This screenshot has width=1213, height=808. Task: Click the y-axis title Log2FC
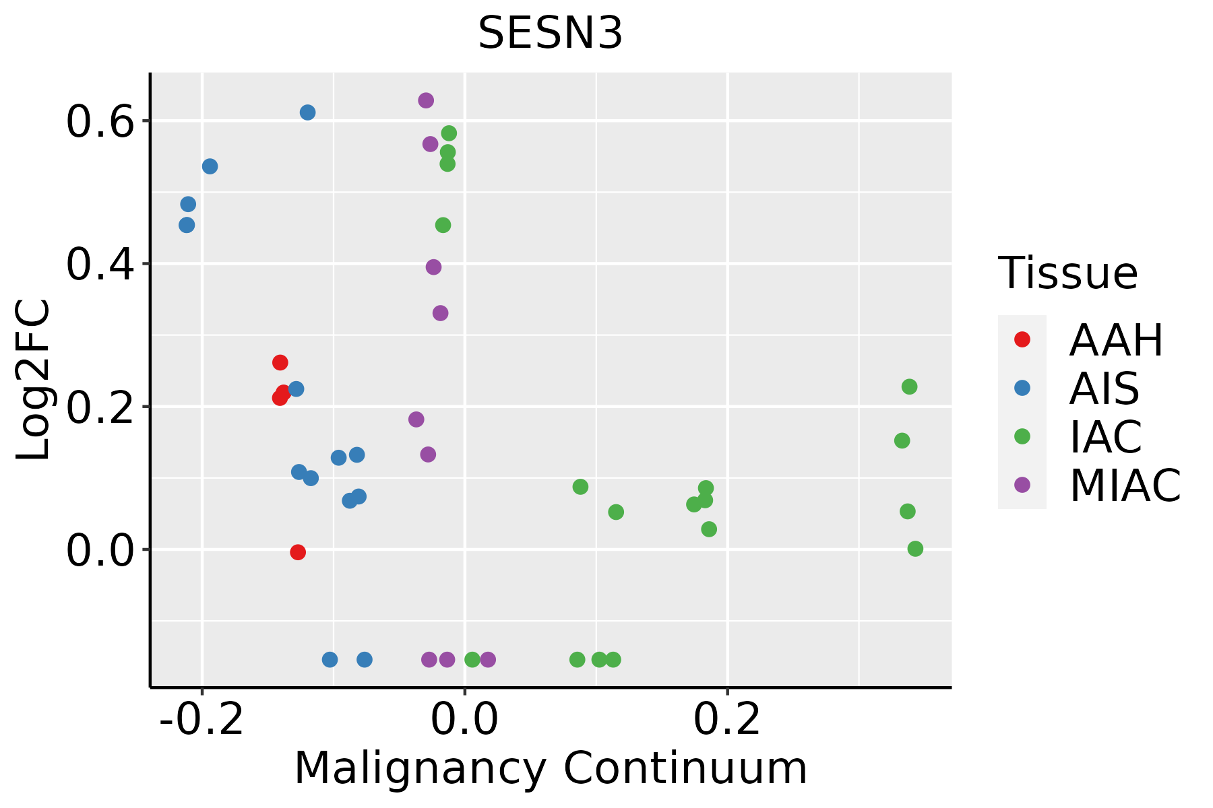tap(34, 380)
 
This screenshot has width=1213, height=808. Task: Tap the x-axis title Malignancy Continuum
tap(551, 768)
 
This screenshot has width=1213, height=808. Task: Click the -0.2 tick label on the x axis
tap(201, 720)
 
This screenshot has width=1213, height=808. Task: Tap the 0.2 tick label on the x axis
tap(727, 720)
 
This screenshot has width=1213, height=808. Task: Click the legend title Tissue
tap(1068, 273)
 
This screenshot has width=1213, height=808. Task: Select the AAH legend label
tap(1116, 340)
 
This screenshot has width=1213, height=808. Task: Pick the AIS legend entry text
tap(1105, 389)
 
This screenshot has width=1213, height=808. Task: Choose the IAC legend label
tap(1106, 437)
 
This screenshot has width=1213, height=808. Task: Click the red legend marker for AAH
tap(1022, 339)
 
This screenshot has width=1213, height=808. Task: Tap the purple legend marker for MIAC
tap(1022, 485)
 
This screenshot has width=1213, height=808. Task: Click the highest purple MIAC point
tap(426, 100)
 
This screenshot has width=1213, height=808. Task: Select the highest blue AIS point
tap(307, 112)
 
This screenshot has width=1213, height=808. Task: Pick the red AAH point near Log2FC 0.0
tap(298, 552)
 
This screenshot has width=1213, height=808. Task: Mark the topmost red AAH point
tap(280, 363)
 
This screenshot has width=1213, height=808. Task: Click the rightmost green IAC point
tap(915, 549)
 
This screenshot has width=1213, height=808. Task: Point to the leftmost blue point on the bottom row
tap(330, 659)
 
